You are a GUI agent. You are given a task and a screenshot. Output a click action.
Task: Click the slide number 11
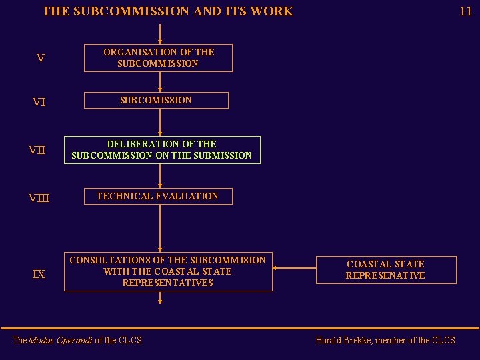[465, 11]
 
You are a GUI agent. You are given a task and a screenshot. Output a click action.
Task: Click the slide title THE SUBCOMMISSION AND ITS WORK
[167, 11]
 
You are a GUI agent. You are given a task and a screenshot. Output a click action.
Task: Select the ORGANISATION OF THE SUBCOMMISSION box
[158, 58]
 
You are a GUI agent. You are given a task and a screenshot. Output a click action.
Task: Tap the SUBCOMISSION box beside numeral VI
[156, 101]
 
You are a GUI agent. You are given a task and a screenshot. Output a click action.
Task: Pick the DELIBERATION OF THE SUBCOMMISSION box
[161, 150]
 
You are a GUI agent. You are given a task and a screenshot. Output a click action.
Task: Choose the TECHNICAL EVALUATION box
[157, 197]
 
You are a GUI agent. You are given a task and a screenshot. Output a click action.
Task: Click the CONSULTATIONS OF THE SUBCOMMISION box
[167, 272]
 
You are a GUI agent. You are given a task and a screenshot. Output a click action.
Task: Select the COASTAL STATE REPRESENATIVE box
[385, 270]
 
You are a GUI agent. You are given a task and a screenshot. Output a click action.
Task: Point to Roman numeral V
[41, 59]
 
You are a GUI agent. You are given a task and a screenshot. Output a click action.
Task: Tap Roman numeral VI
[39, 102]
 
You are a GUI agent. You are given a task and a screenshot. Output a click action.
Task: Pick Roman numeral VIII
[39, 198]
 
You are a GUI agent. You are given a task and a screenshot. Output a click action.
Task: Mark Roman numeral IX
[39, 274]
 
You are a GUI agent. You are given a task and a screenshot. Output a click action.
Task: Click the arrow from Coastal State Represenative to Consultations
[294, 269]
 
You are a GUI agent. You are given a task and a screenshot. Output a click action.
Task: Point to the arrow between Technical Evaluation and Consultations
[160, 229]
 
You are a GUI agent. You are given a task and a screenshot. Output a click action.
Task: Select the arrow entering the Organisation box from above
[160, 34]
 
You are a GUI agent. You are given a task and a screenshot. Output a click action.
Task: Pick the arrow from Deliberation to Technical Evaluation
[160, 175]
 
